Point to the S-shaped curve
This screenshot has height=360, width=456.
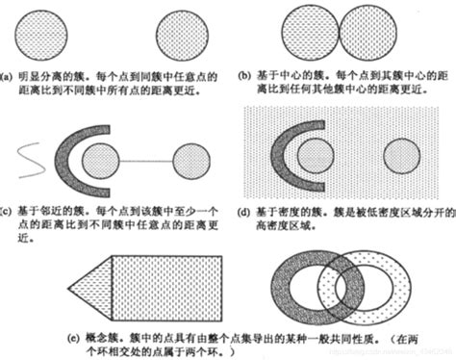[29, 161]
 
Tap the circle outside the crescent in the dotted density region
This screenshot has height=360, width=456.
[403, 156]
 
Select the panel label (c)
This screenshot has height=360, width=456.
[8, 209]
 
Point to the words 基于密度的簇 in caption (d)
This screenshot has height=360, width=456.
[286, 209]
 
